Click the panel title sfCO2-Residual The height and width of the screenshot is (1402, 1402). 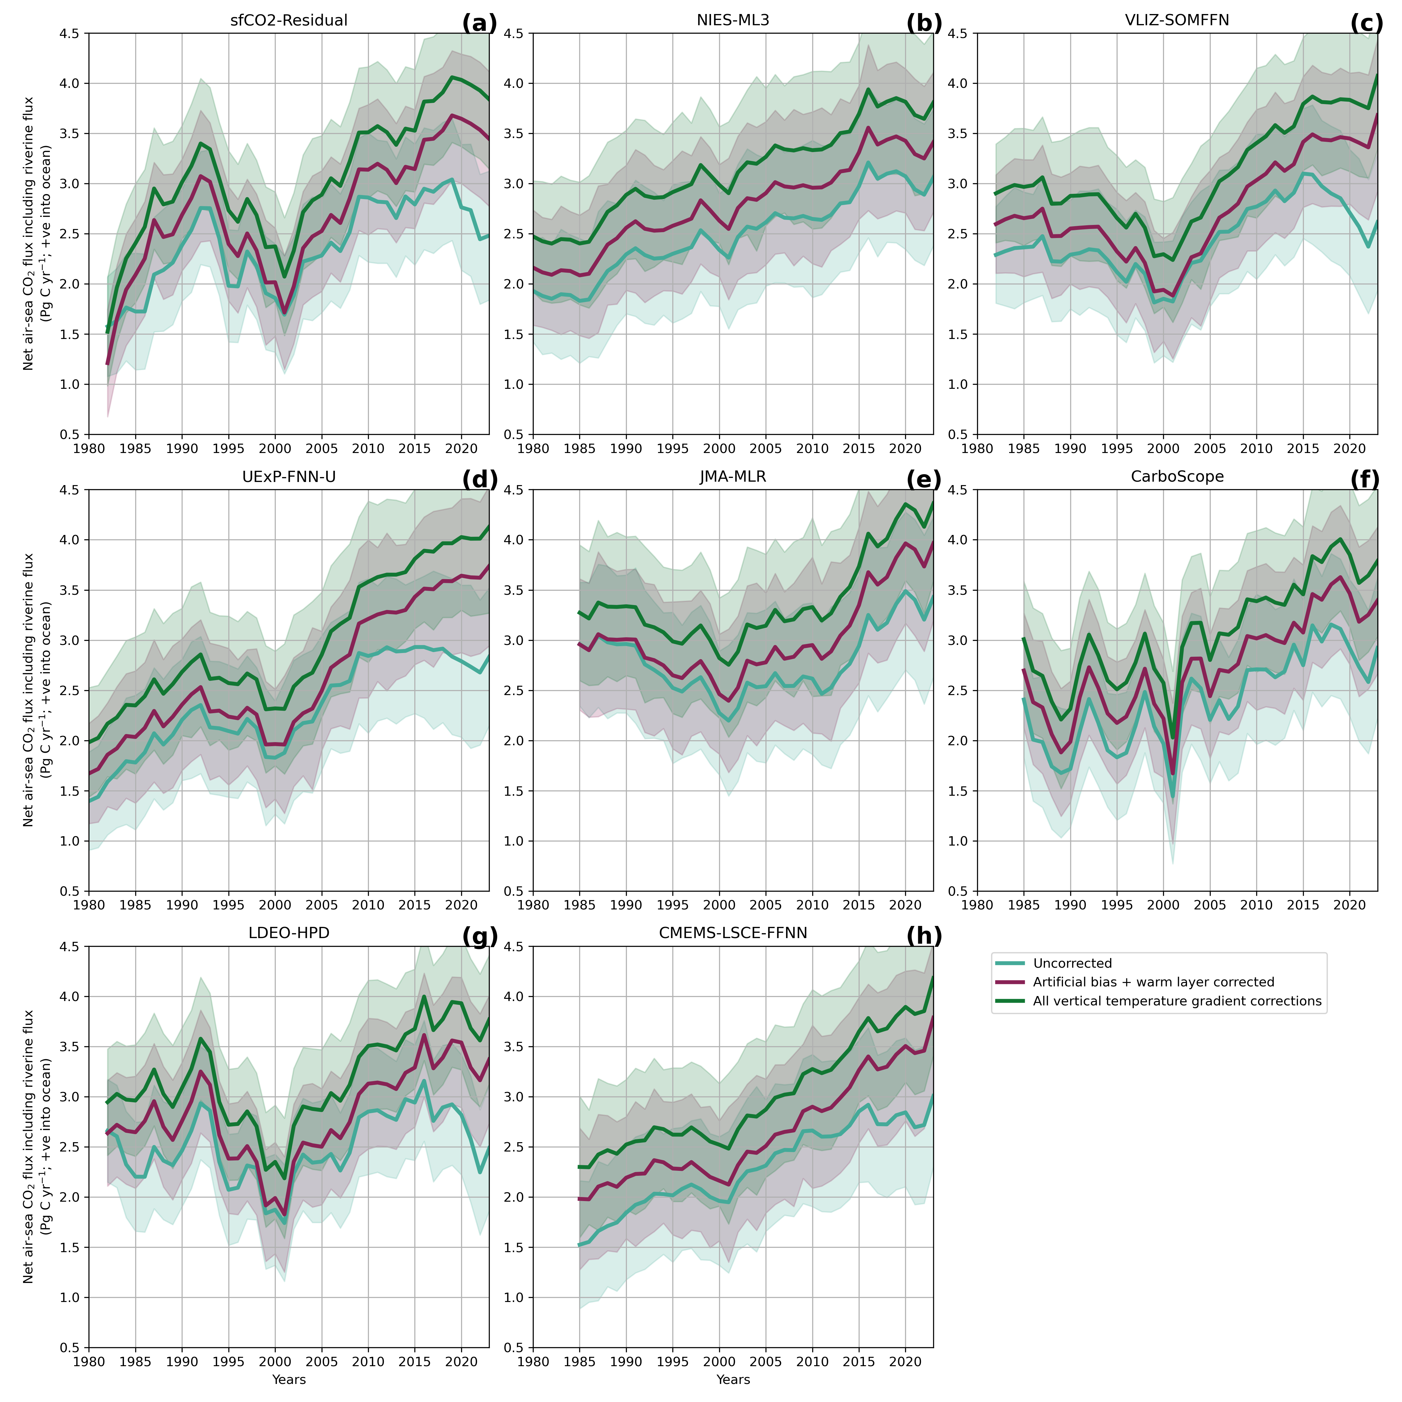[x=289, y=20]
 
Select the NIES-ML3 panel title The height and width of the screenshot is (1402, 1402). [x=733, y=20]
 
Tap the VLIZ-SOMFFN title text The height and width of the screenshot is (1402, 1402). [x=1177, y=20]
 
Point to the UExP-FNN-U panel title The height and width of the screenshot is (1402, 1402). [x=289, y=477]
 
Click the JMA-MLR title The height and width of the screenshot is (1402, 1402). [x=733, y=477]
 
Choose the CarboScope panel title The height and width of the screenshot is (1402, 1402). [x=1177, y=477]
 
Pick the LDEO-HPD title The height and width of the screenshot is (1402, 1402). [x=289, y=933]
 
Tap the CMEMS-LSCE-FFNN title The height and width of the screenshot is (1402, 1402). [x=733, y=933]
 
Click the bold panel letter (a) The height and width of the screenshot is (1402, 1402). [x=480, y=24]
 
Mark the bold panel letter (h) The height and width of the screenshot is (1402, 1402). [x=924, y=937]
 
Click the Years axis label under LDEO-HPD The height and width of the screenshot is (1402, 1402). [x=289, y=1380]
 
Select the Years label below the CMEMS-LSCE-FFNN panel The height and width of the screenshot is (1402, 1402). [x=733, y=1380]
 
